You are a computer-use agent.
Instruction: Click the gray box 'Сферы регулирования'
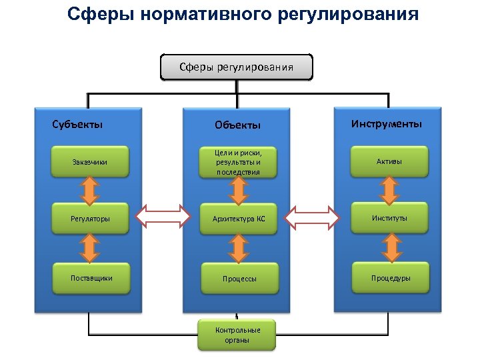(x=237, y=67)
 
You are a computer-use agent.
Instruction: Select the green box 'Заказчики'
(x=89, y=161)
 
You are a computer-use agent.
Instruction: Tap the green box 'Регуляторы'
(x=89, y=218)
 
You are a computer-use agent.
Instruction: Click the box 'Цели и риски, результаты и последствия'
(x=237, y=162)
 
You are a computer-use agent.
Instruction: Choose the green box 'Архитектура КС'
(x=238, y=218)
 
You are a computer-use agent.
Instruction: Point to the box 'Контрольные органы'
(x=237, y=335)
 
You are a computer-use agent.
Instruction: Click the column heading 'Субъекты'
(x=77, y=123)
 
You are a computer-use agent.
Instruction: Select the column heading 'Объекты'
(x=237, y=125)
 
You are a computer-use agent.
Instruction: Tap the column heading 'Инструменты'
(x=387, y=123)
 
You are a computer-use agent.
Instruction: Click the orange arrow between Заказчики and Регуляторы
(x=89, y=189)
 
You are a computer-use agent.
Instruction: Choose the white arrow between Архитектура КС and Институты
(x=313, y=217)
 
